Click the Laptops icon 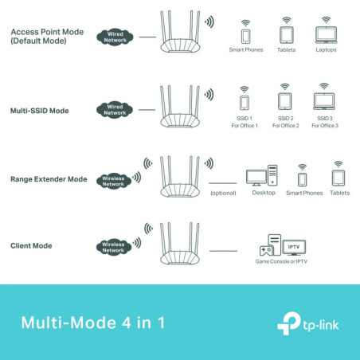[x=324, y=35]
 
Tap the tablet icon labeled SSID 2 [x=284, y=101]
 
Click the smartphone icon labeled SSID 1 [x=245, y=101]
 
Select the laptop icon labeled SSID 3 [x=324, y=101]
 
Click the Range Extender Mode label [x=49, y=179]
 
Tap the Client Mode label [x=32, y=247]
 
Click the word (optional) [x=224, y=193]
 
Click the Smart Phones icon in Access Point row [x=245, y=36]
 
